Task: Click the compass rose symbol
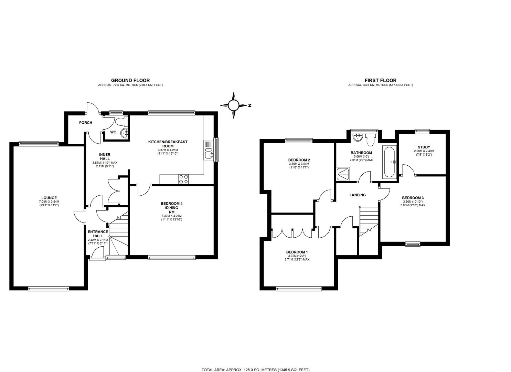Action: tap(234, 105)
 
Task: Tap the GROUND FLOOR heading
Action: tap(130, 81)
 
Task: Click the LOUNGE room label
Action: tap(48, 198)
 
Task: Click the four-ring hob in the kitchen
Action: tap(183, 179)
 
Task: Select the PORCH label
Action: tap(85, 123)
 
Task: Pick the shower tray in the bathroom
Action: tap(343, 174)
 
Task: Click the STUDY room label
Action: tap(424, 147)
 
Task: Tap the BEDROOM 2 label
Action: tap(299, 160)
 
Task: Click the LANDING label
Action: tap(358, 195)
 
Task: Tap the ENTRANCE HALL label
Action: tap(98, 234)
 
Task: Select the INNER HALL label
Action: tap(105, 156)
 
